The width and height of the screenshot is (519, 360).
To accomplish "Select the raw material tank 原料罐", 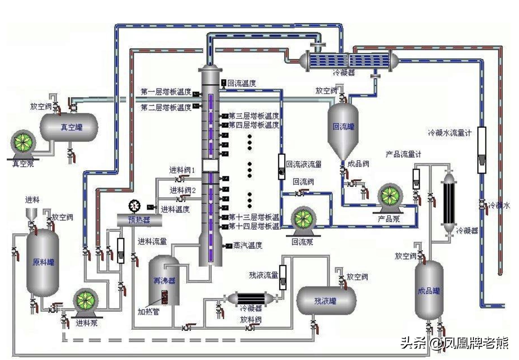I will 43,262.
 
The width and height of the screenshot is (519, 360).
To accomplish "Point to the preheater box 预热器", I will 139,220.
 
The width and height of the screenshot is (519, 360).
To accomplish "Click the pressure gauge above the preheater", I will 135,206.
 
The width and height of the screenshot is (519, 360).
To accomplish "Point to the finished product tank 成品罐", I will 429,290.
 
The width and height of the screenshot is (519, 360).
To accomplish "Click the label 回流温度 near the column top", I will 242,83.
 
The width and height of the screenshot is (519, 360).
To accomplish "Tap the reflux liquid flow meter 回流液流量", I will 281,166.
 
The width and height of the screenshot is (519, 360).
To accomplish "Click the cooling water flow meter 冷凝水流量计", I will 482,150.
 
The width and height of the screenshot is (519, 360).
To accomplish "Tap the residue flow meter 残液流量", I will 283,277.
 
